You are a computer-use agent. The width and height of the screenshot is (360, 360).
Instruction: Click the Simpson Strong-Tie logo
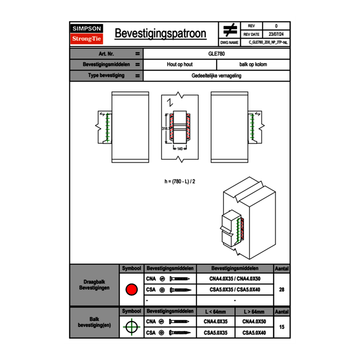87,34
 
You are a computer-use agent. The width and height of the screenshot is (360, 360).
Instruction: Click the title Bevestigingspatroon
160,34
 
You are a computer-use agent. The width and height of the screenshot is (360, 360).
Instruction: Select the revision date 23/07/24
276,34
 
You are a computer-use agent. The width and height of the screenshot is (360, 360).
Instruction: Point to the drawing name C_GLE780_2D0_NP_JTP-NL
268,42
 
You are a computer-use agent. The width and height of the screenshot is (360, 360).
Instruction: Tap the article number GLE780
216,54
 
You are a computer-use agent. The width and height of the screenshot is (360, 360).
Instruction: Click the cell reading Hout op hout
180,65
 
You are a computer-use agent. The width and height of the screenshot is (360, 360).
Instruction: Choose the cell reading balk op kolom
253,65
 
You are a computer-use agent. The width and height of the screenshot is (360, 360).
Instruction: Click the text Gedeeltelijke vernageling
216,76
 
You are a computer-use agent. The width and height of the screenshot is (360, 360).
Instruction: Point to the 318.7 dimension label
166,128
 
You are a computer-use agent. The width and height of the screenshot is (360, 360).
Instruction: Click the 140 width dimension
180,149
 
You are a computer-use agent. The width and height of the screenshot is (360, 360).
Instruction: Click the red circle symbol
131,290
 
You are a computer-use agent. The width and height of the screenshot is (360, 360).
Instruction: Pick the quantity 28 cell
281,290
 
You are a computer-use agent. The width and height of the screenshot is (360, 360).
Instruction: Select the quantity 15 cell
281,327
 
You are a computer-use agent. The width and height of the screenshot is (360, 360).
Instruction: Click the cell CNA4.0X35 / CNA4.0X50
235,279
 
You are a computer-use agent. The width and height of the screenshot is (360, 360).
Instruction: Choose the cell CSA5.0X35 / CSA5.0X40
235,290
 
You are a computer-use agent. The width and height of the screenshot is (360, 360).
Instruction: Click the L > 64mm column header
254,312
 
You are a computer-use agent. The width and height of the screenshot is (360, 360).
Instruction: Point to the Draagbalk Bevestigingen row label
94,285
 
